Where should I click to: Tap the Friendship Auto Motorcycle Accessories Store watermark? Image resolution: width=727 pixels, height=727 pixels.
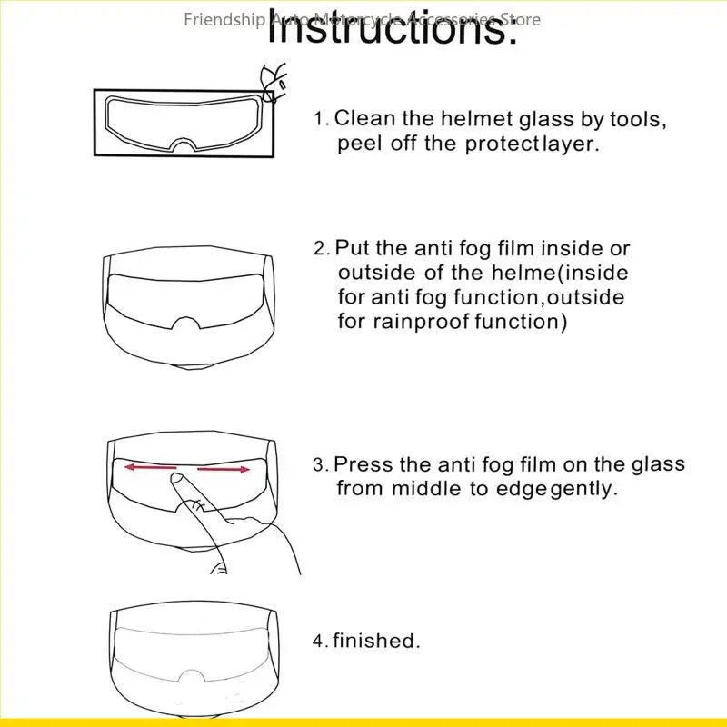click(x=362, y=19)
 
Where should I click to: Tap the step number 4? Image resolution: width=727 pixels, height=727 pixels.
click(x=319, y=642)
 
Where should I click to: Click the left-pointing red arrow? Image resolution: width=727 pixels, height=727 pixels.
click(x=151, y=468)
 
